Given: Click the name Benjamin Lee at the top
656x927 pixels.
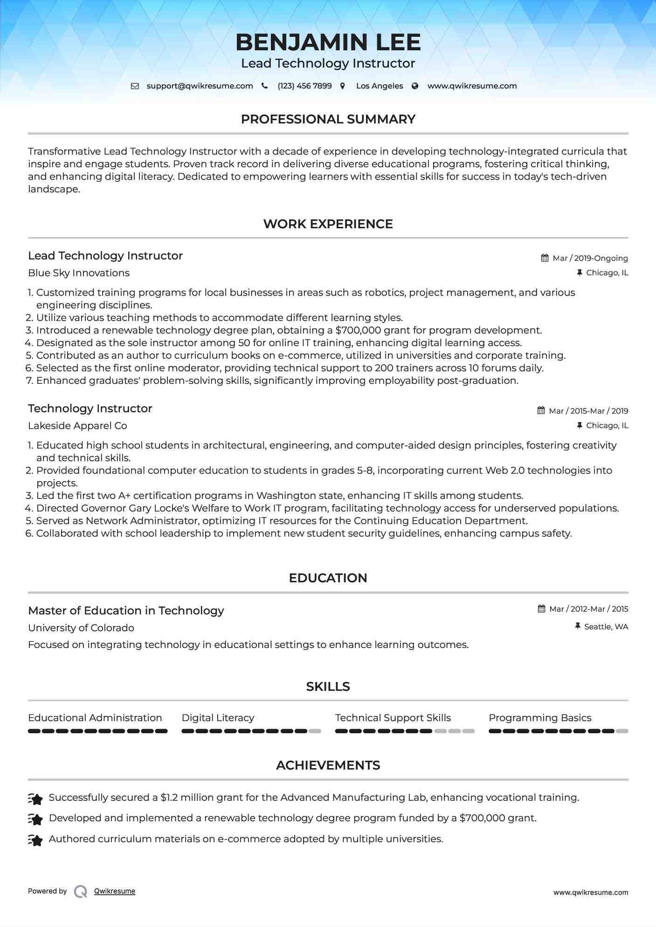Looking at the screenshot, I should click(x=328, y=42).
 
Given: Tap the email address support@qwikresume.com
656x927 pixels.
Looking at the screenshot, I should click(x=200, y=86).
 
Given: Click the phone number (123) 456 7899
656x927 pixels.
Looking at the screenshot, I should click(x=304, y=86).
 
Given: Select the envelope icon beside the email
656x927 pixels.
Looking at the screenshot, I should click(x=135, y=86).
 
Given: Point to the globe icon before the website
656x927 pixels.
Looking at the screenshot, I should click(x=415, y=86).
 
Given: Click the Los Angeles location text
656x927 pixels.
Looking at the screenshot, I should click(x=380, y=86).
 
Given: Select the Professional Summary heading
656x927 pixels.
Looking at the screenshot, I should click(x=328, y=119).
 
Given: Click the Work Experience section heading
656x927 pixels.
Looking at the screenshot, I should click(x=328, y=224).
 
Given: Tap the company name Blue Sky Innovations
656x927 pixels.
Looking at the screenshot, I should click(x=79, y=273).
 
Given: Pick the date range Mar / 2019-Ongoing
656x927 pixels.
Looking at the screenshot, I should click(x=590, y=258).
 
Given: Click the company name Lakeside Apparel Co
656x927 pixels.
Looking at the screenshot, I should click(x=77, y=426).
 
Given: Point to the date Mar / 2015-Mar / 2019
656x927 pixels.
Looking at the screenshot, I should click(x=588, y=411).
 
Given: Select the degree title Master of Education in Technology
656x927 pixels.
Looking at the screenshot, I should click(x=126, y=611).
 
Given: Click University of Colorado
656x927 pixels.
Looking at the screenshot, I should click(x=81, y=628).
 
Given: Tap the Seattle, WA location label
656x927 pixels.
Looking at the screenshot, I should click(x=606, y=627).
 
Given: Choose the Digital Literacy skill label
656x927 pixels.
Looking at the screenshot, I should click(x=218, y=718).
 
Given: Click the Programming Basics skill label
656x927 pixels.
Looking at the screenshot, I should click(x=540, y=718).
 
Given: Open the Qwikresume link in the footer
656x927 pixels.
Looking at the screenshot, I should click(x=115, y=891).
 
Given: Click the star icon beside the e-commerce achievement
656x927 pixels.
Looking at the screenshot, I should click(x=35, y=840).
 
